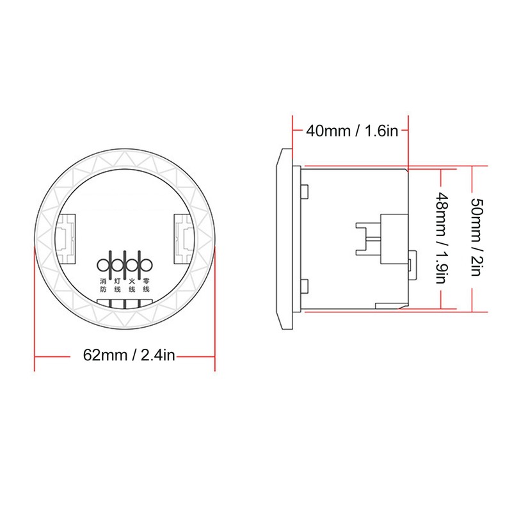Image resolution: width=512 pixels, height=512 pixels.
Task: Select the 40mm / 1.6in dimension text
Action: [x=352, y=131]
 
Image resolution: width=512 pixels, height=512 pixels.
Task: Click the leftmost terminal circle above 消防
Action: [x=104, y=264]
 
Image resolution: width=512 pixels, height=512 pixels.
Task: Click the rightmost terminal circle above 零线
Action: [x=147, y=264]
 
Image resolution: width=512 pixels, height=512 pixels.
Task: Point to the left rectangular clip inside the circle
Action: [x=67, y=234]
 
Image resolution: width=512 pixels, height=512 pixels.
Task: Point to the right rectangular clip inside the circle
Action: [x=184, y=234]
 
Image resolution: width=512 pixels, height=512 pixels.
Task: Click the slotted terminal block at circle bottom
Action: [x=125, y=303]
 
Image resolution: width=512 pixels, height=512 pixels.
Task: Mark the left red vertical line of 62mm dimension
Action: [x=35, y=307]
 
